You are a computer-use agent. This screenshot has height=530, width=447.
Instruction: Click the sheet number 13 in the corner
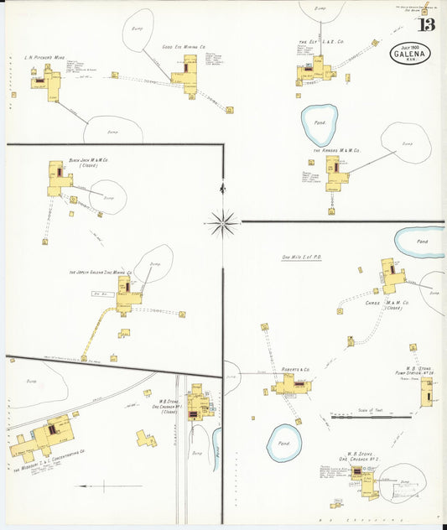click(427, 23)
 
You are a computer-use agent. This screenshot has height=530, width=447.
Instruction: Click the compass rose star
click(223, 222)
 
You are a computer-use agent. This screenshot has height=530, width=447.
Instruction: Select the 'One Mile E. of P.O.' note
click(304, 257)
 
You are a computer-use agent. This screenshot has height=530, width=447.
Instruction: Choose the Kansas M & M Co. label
click(336, 151)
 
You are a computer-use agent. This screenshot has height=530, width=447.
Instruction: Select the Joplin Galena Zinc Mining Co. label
click(101, 273)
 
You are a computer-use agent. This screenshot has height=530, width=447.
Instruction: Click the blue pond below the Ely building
click(320, 124)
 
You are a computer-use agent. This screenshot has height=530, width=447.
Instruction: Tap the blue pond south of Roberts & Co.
click(283, 443)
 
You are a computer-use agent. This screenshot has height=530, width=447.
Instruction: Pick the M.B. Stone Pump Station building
click(427, 391)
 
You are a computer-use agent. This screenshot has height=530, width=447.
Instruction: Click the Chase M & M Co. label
click(387, 304)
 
